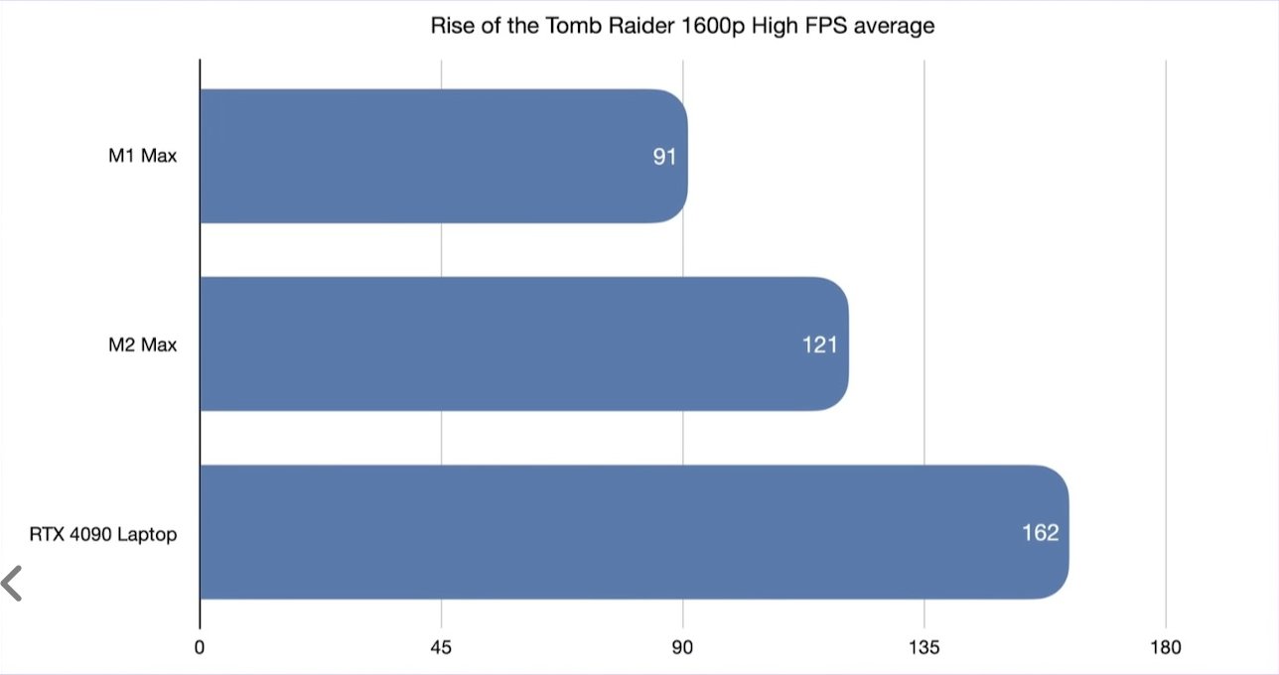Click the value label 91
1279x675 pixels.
tap(664, 157)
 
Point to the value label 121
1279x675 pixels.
tap(820, 344)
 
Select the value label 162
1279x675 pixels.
tap(1041, 533)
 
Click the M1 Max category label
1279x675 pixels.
tap(143, 157)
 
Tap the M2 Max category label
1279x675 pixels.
tap(143, 344)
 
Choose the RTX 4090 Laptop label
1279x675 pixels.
tap(103, 534)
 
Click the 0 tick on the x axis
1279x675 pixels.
tap(201, 648)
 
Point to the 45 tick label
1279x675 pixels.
tap(442, 648)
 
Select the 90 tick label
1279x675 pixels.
tap(683, 648)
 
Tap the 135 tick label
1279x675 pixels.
tap(924, 648)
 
